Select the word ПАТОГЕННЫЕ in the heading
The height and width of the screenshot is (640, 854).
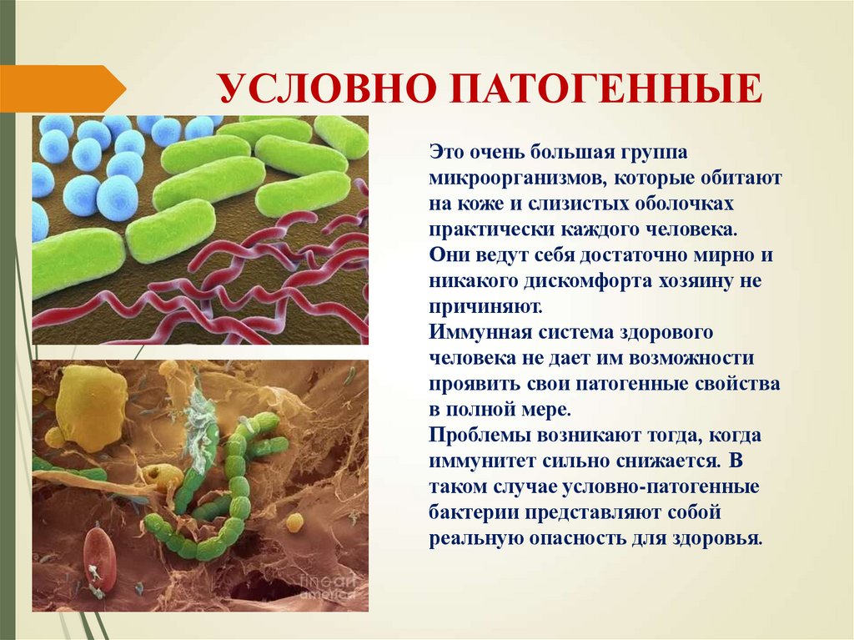pos(607,89)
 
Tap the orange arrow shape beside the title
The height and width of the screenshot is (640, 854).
pos(62,88)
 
